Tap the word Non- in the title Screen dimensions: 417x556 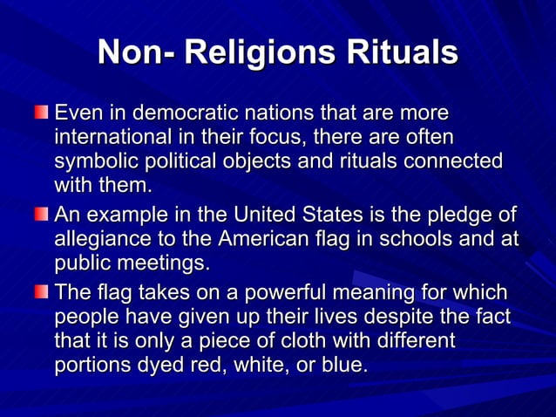coord(132,52)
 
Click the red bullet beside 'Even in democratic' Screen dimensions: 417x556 coord(42,113)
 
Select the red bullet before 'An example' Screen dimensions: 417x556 coord(42,215)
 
